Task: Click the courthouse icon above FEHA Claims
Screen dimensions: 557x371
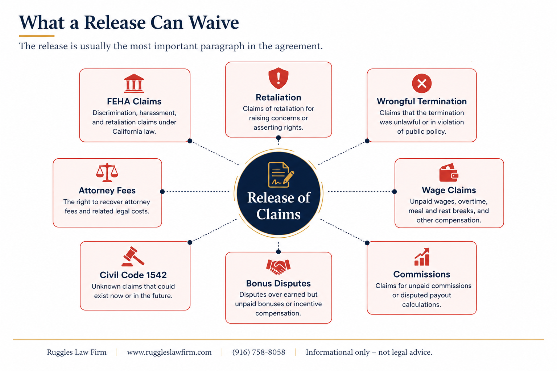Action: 134,83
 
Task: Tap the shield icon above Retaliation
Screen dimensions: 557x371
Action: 278,78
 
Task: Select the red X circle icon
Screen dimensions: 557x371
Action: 422,83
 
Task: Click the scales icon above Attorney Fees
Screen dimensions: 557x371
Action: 107,172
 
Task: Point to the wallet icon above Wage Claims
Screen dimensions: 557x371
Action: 449,172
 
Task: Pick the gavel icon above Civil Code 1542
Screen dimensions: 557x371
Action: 133,257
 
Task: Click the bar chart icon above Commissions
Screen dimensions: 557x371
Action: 422,257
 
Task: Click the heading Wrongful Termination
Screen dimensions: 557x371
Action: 422,101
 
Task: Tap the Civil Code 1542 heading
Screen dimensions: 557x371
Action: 133,275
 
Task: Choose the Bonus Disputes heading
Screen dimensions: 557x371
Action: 278,284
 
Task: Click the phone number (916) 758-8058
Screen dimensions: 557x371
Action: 259,352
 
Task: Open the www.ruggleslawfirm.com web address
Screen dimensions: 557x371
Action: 169,353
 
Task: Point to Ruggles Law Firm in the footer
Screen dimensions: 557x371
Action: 77,353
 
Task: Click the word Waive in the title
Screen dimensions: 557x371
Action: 214,22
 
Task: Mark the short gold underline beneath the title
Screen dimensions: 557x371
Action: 37,36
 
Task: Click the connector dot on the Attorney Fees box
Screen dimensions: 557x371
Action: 162,192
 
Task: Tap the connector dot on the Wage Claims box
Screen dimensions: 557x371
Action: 395,192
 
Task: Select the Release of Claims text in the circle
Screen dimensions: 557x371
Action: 278,206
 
